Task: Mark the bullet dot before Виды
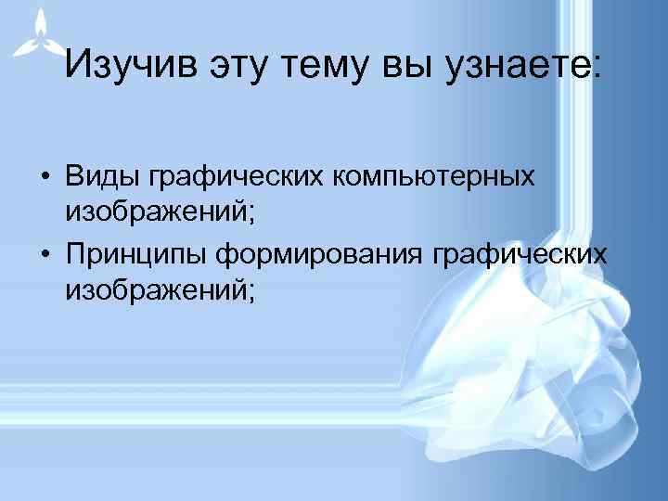tap(44, 177)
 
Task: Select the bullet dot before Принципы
tap(44, 254)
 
